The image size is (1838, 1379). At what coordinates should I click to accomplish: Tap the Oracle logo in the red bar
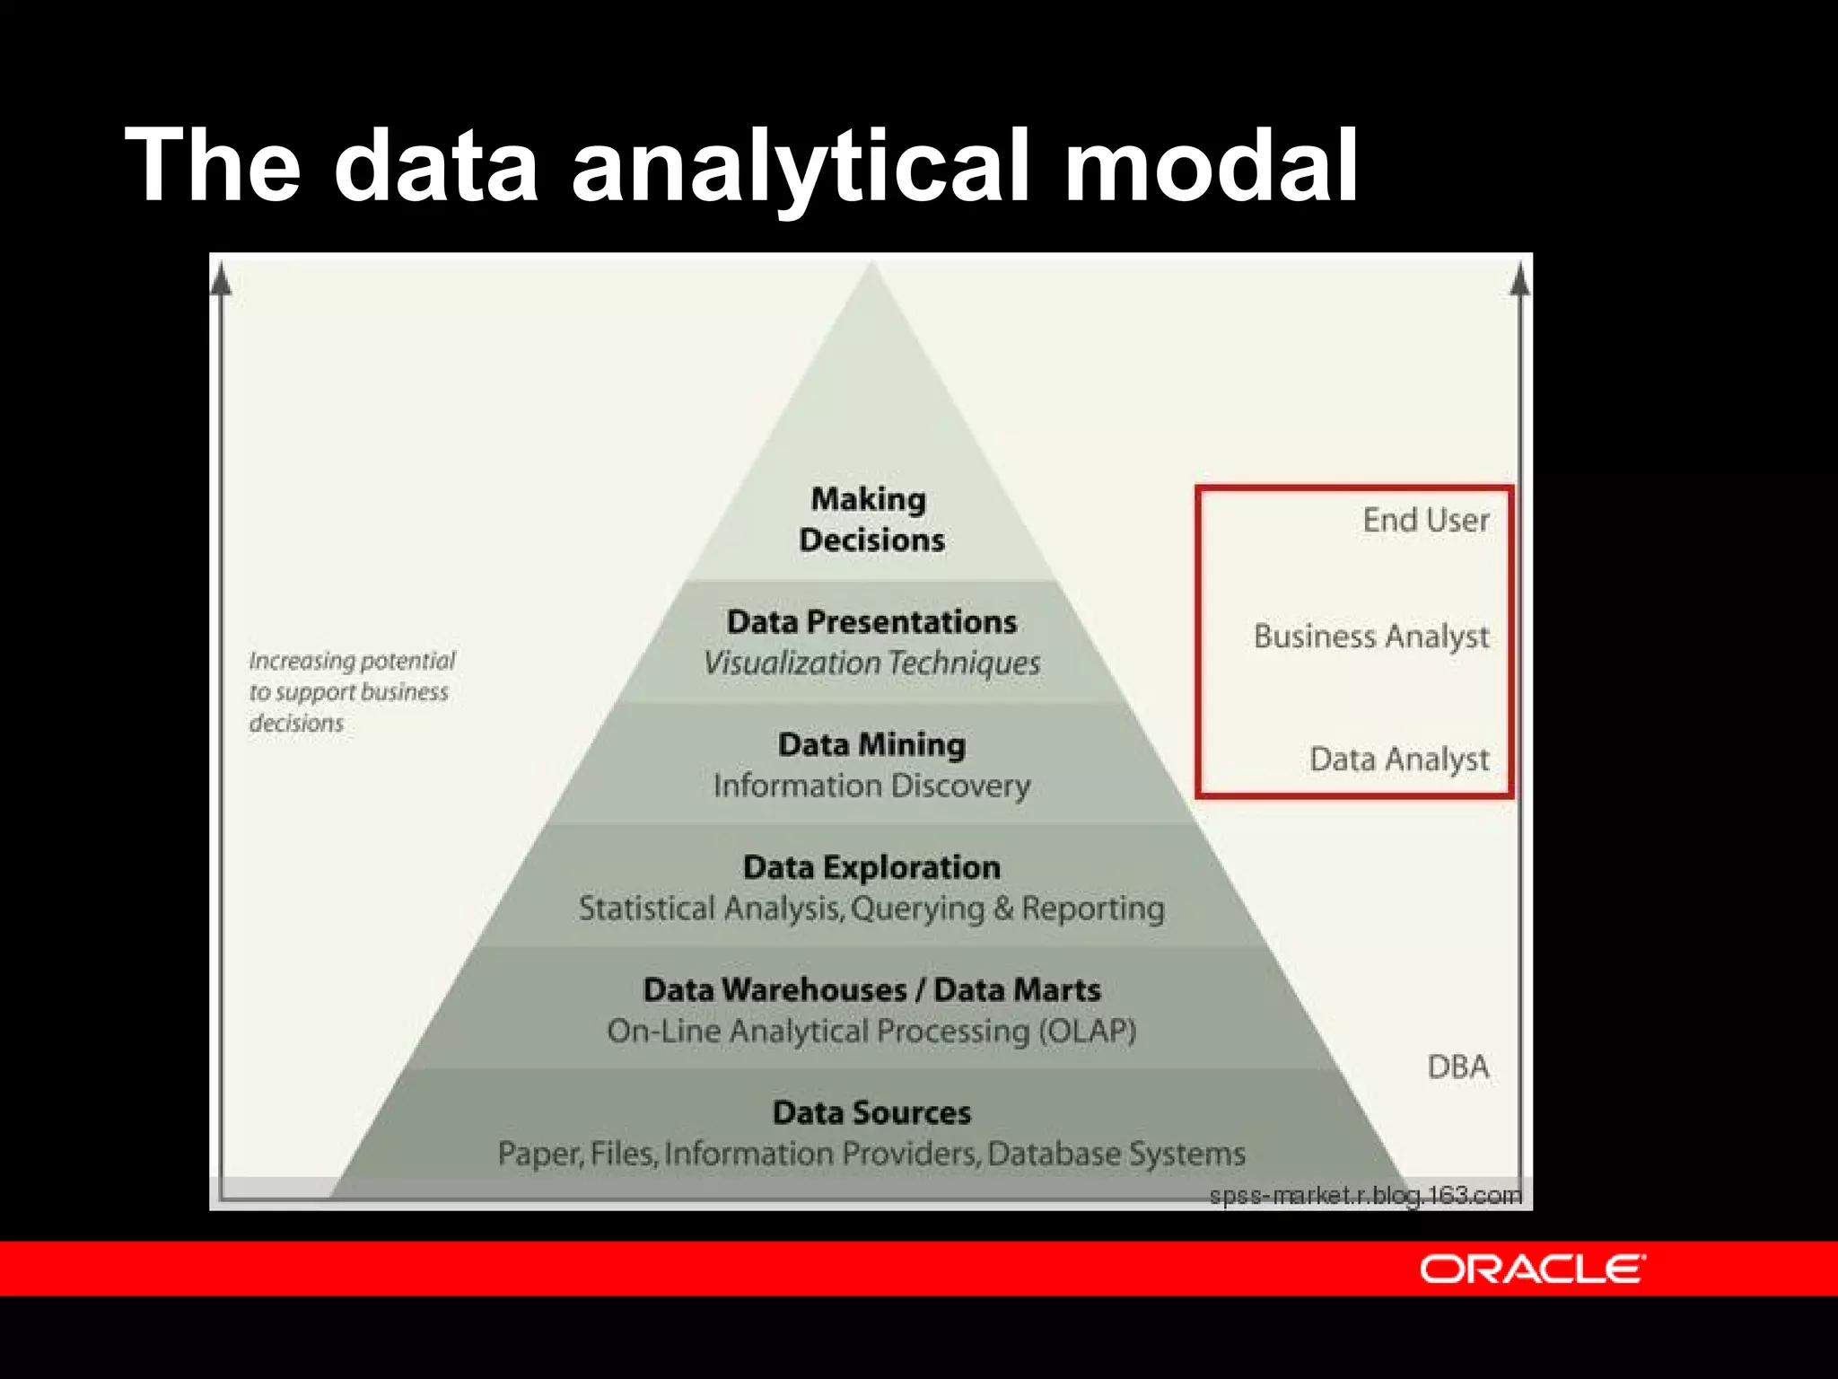(1532, 1269)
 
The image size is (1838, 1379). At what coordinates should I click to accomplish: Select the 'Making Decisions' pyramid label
(871, 519)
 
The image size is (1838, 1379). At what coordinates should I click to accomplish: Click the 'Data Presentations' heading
(871, 621)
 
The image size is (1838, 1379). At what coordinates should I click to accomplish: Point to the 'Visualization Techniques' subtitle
(871, 663)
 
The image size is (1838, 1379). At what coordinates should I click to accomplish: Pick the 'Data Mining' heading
(871, 744)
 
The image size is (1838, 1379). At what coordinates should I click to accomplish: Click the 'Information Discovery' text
(871, 786)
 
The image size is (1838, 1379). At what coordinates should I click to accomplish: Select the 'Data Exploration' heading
(871, 867)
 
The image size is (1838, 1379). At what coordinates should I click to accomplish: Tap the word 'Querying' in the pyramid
(917, 909)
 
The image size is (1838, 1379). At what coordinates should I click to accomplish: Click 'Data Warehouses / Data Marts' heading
(871, 989)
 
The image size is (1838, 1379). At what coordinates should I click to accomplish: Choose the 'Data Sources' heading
(871, 1112)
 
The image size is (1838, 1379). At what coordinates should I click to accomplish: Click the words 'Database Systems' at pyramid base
(1116, 1154)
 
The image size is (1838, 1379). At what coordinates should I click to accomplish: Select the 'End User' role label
(1425, 520)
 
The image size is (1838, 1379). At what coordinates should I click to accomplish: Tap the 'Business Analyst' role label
(1370, 637)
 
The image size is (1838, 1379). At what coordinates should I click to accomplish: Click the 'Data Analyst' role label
(1398, 760)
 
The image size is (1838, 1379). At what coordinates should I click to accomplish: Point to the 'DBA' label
(1457, 1067)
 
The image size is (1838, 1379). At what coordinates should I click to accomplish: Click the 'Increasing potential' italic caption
(352, 661)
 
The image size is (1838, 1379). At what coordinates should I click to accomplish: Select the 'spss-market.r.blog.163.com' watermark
(1365, 1195)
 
